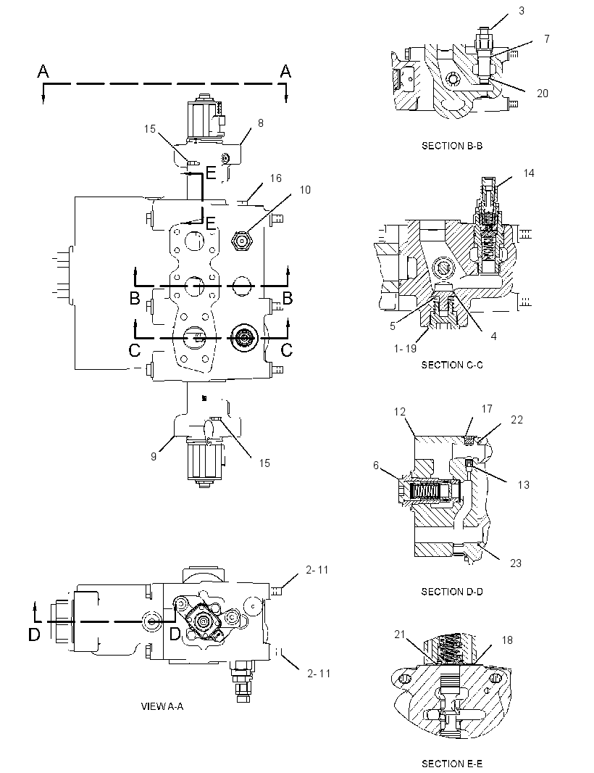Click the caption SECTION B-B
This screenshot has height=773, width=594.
(451, 146)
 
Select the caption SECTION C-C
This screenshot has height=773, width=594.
(451, 365)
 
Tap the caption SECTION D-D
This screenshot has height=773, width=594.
(451, 592)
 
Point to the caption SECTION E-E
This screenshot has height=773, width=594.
(451, 764)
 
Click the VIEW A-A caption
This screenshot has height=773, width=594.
(162, 706)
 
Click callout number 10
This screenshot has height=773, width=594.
(305, 190)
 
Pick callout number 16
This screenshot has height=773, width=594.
(275, 178)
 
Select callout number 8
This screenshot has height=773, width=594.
(261, 123)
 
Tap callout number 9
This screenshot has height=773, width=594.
(154, 457)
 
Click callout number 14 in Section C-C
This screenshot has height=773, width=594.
(529, 173)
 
